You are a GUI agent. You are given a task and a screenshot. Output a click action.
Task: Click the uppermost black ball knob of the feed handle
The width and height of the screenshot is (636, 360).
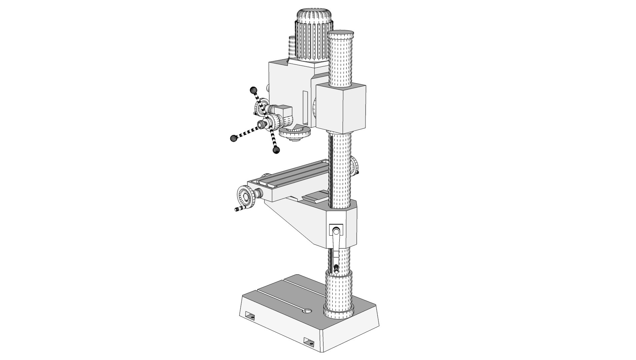254,90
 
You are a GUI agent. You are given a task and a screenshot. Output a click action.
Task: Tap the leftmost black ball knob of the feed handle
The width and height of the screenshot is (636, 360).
234,138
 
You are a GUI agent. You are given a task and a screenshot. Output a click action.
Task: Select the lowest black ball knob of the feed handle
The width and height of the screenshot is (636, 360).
276,150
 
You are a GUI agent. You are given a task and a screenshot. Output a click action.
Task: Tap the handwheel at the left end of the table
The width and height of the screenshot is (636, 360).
246,198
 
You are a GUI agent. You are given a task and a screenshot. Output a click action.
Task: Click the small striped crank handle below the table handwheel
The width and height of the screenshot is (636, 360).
241,209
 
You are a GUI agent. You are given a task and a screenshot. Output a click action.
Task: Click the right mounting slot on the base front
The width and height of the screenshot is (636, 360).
309,342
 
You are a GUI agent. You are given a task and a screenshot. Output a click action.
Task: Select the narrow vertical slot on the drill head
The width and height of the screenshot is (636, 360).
305,107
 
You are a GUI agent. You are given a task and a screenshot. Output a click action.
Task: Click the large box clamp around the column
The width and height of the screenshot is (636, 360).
341,108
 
